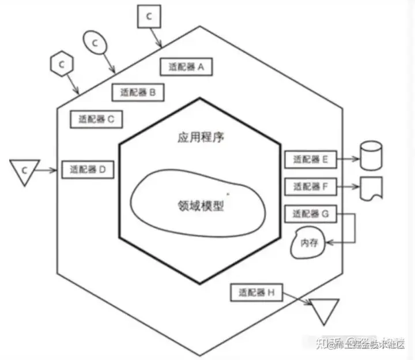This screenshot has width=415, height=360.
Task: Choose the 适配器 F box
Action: (310, 186)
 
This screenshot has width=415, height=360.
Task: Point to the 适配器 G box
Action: (310, 214)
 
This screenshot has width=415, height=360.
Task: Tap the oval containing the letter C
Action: (95, 42)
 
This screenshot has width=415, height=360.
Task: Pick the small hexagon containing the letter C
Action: (61, 62)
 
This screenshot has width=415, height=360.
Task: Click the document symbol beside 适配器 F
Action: (371, 188)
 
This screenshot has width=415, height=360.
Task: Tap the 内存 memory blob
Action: (309, 242)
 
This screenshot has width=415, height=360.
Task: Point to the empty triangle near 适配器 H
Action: (324, 312)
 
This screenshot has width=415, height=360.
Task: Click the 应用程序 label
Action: (201, 138)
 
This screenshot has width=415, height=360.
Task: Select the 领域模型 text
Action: (201, 205)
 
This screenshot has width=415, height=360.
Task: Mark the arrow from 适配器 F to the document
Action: (347, 186)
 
